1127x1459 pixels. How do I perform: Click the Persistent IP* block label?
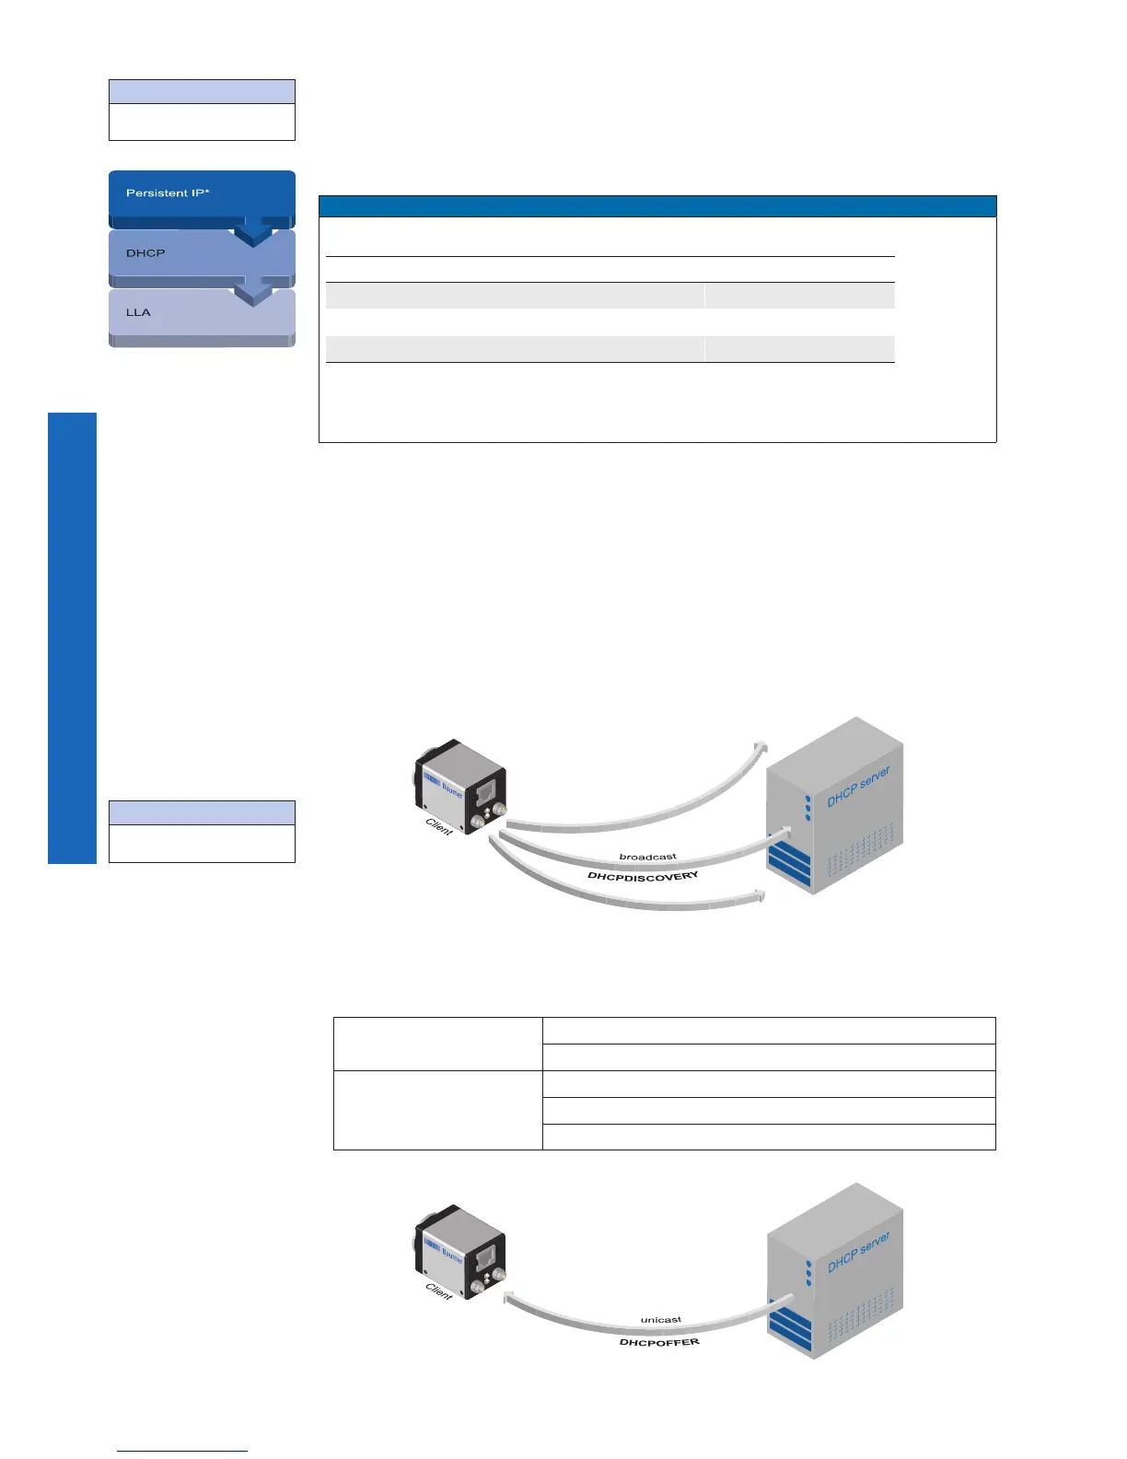pyautogui.click(x=168, y=193)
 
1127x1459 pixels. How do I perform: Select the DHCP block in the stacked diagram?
pyautogui.click(x=145, y=253)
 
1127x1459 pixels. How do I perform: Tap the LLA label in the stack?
pyautogui.click(x=138, y=312)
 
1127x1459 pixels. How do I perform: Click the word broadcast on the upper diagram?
pyautogui.click(x=647, y=857)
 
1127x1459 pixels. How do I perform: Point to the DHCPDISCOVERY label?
pyautogui.click(x=643, y=876)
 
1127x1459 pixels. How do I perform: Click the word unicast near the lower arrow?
pyautogui.click(x=660, y=1320)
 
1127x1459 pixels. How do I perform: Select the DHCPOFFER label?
pyautogui.click(x=659, y=1342)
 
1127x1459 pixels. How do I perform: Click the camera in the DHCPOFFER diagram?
pyautogui.click(x=461, y=1250)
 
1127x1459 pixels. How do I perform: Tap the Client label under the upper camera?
pyautogui.click(x=439, y=827)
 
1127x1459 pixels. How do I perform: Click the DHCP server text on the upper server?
pyautogui.click(x=858, y=786)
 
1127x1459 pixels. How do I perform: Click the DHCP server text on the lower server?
pyautogui.click(x=858, y=1252)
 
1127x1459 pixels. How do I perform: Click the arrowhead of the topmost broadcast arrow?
pyautogui.click(x=761, y=746)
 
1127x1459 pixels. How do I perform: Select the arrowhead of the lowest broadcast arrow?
pyautogui.click(x=760, y=895)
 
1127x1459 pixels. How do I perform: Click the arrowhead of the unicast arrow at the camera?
pyautogui.click(x=507, y=1299)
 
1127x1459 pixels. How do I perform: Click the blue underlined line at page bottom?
pyautogui.click(x=182, y=1451)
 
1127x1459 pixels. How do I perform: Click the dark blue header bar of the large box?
pyautogui.click(x=657, y=205)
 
